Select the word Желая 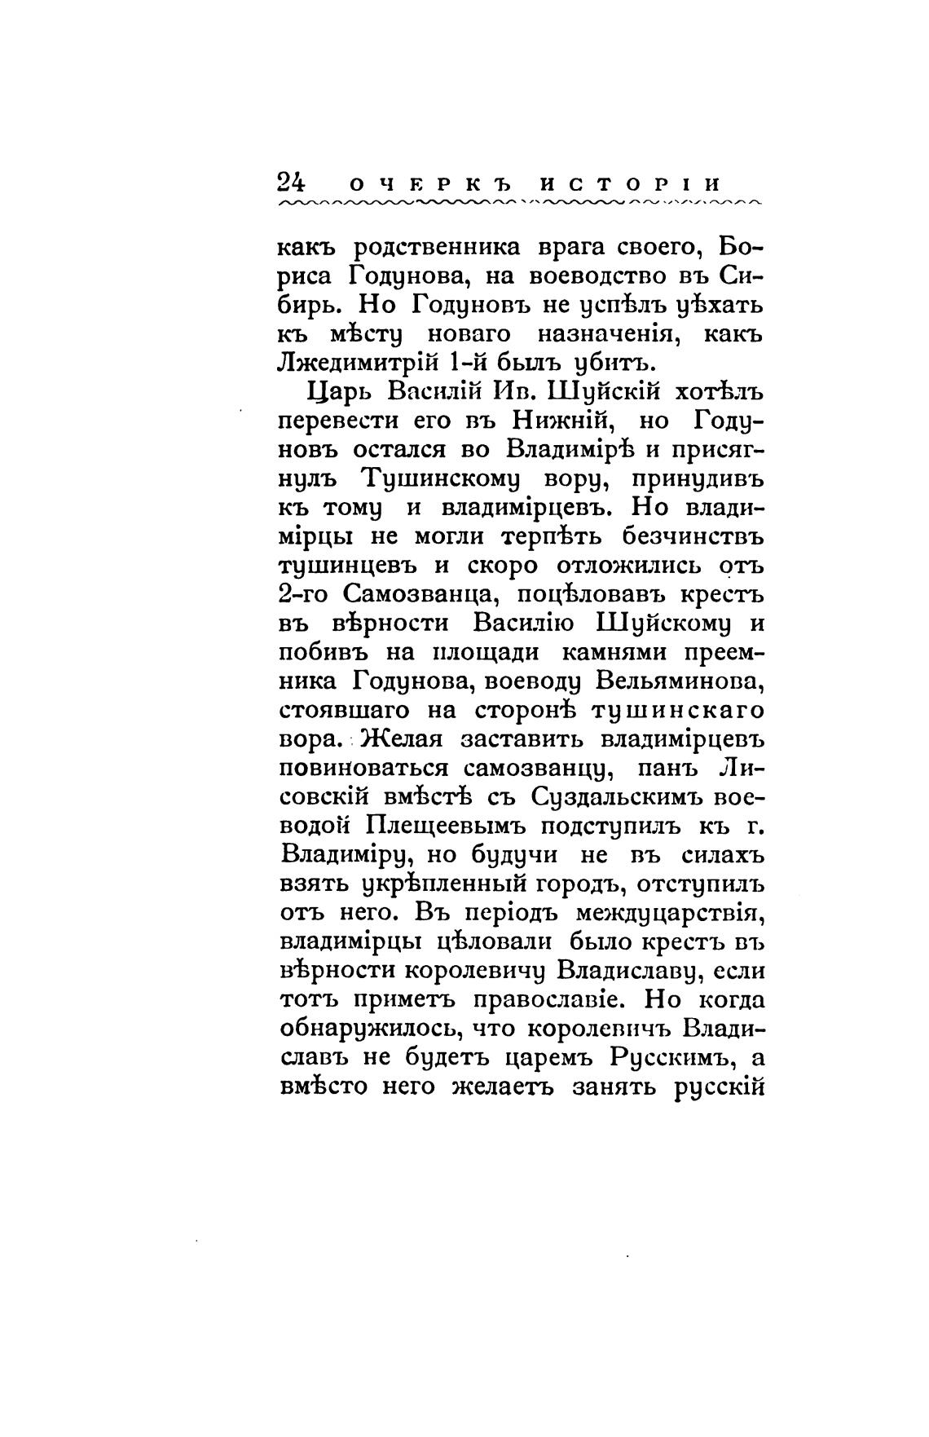(400, 741)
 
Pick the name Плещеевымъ (457, 827)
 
